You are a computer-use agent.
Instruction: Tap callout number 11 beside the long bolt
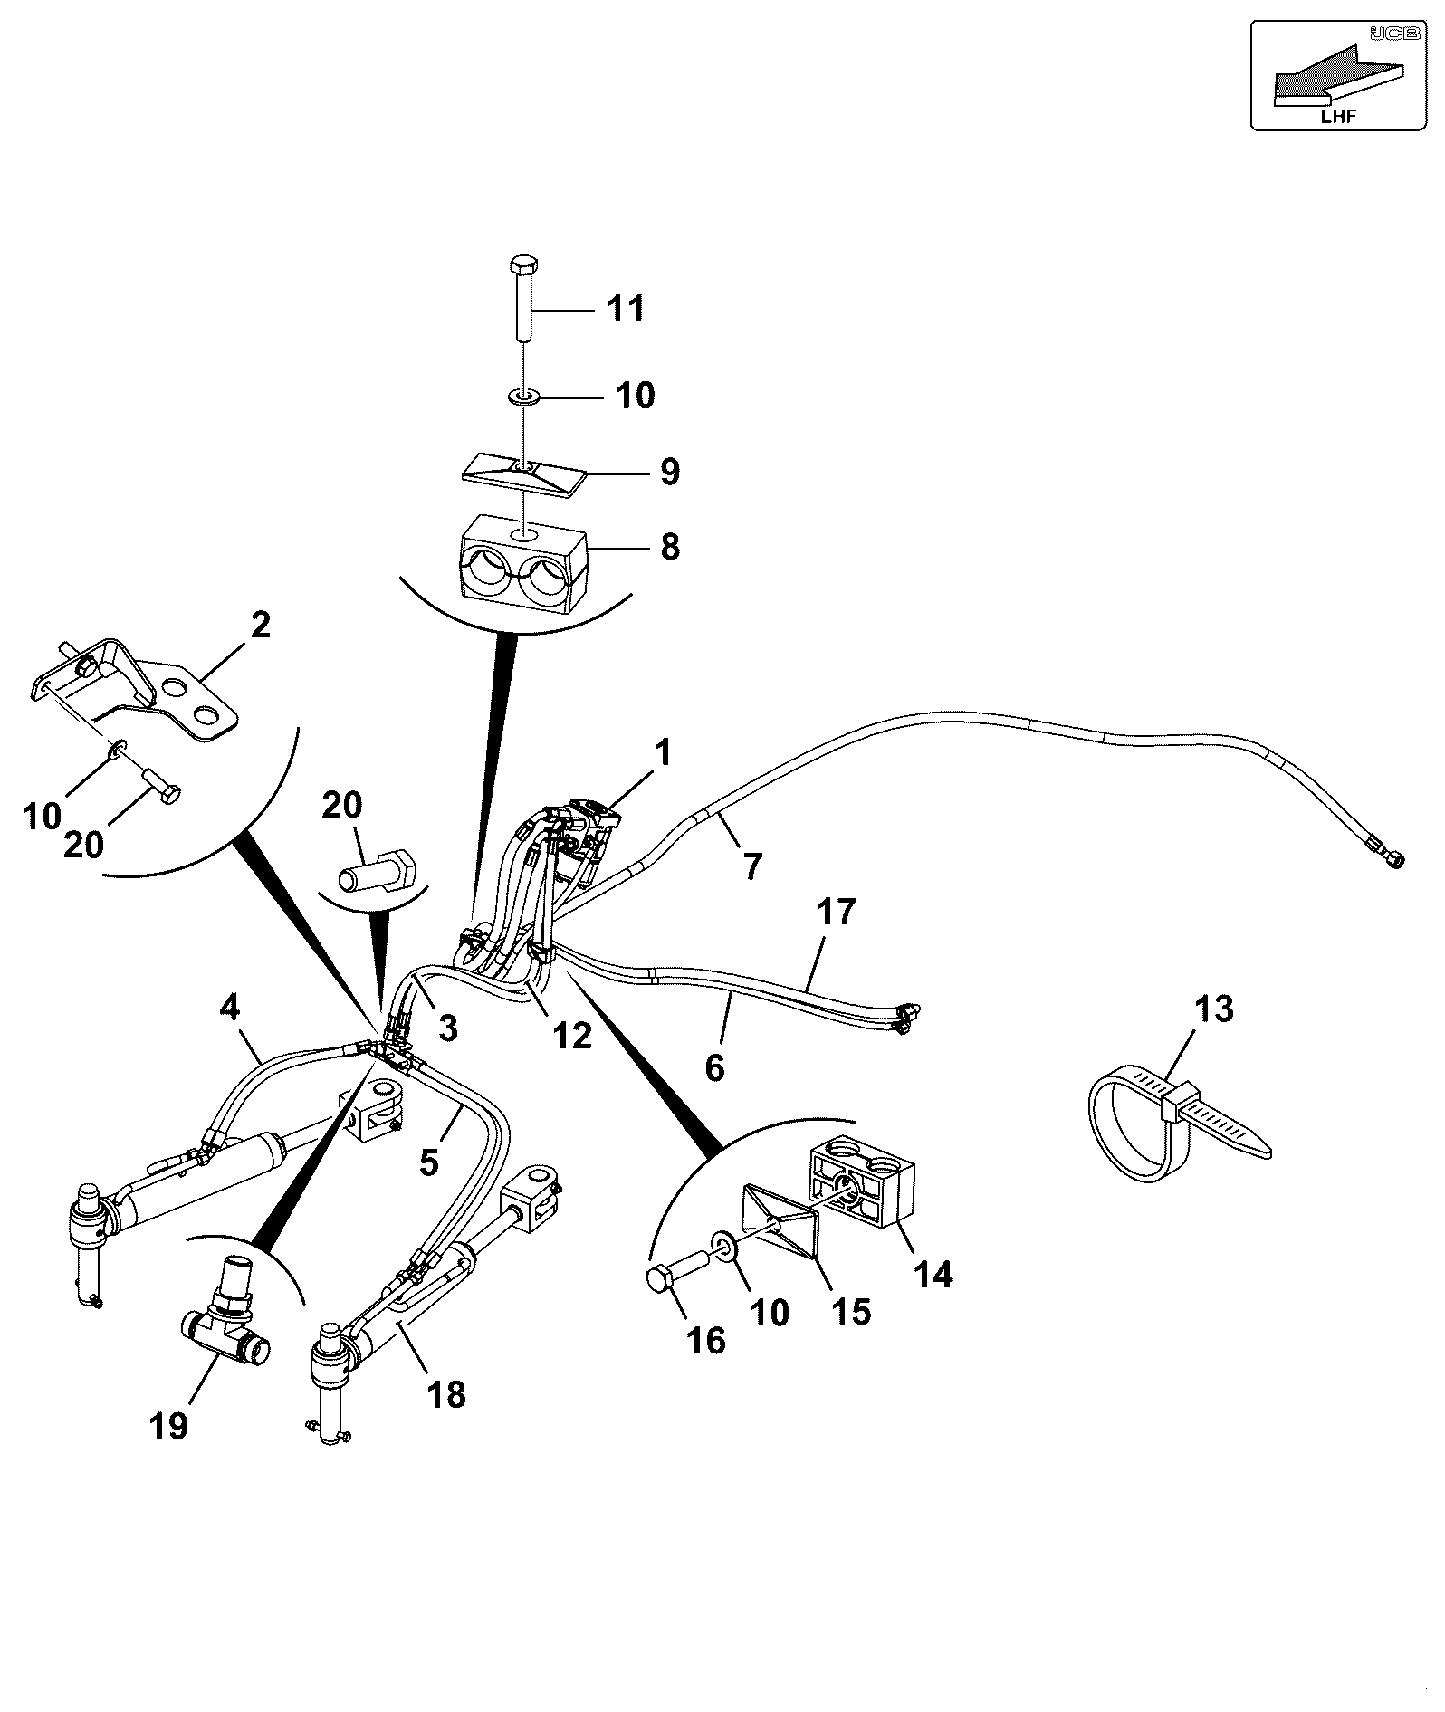point(627,309)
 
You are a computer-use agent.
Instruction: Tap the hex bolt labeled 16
point(678,1267)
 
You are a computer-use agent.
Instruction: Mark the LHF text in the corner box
point(1340,115)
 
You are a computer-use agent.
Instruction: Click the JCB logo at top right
point(1383,33)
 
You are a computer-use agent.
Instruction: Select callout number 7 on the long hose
point(752,867)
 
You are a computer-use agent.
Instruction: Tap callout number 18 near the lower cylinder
point(446,1394)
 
